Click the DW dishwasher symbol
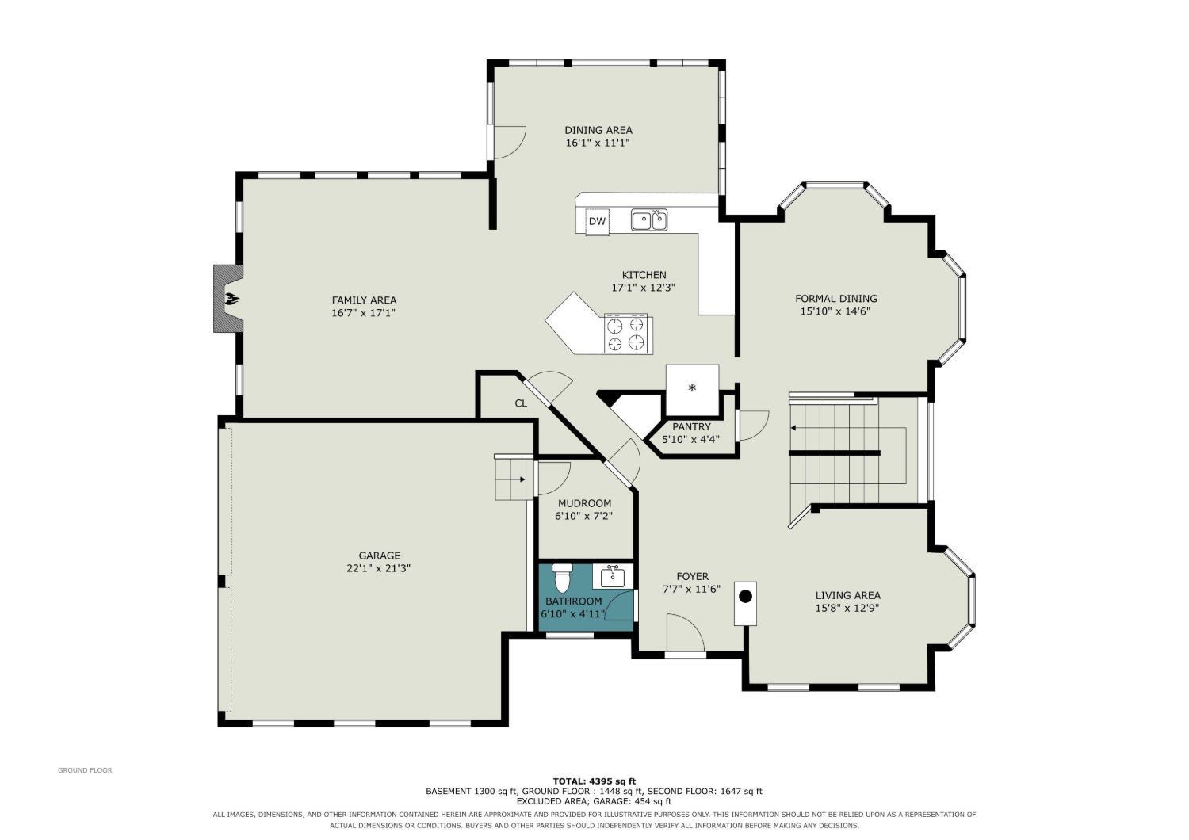coord(597,221)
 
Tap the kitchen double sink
coord(649,220)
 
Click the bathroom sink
coord(613,576)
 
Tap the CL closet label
coord(521,403)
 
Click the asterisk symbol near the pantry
coord(692,388)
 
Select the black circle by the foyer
coord(745,597)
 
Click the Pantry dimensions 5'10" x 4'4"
coord(690,439)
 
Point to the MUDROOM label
coord(584,503)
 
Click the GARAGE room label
coord(379,556)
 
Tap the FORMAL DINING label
coord(836,298)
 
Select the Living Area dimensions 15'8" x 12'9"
coord(847,608)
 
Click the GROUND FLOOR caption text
coord(85,770)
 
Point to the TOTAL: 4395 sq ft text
coord(594,781)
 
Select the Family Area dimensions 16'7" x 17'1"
coord(364,313)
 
